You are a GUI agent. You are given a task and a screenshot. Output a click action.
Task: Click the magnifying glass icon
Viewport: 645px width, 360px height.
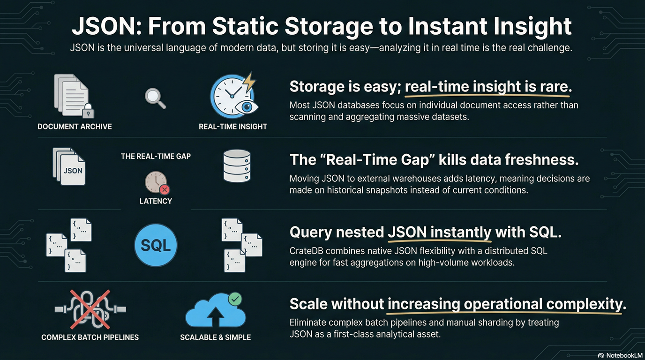coord(154,98)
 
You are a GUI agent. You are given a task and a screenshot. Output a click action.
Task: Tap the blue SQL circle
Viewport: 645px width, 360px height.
coord(156,246)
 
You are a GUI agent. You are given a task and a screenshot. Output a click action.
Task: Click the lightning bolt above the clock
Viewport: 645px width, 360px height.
coord(248,82)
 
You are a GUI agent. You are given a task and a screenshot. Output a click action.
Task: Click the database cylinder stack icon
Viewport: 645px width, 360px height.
coord(237,166)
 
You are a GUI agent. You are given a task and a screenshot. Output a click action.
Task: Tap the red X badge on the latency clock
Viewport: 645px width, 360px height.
coord(165,189)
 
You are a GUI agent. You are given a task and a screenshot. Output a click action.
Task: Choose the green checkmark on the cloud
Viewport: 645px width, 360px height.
coord(235,299)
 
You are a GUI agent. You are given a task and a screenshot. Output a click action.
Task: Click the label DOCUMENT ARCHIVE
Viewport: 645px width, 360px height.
coord(75,127)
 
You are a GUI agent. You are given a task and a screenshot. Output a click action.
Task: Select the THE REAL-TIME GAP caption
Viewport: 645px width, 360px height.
coord(156,156)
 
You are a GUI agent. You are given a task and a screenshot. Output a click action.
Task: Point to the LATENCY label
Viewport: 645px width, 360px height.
coord(156,201)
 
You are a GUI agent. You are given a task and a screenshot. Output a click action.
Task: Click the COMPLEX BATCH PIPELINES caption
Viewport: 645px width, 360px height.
coord(90,337)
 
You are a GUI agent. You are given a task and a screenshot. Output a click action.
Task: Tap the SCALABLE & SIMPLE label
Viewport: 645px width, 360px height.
coord(215,337)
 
